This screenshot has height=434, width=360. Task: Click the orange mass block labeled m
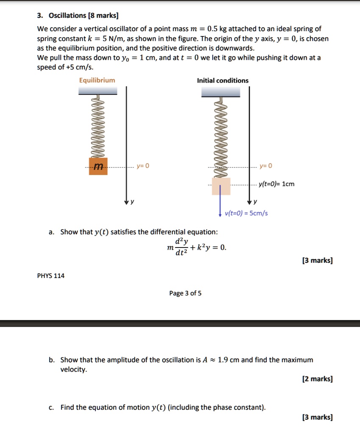pyautogui.click(x=98, y=166)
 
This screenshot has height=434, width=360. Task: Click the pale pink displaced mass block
pyautogui.click(x=221, y=186)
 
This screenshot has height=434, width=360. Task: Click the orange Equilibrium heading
pyautogui.click(x=97, y=80)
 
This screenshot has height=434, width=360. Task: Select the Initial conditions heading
pyautogui.click(x=223, y=81)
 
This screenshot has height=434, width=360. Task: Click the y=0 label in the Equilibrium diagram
pyautogui.click(x=142, y=166)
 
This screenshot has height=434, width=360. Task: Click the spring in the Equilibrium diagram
pyautogui.click(x=98, y=127)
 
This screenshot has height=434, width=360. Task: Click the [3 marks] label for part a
pyautogui.click(x=317, y=260)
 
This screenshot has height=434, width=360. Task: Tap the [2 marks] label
pyautogui.click(x=317, y=379)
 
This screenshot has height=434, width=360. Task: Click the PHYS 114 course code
pyautogui.click(x=51, y=276)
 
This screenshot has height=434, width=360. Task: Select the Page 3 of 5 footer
pyautogui.click(x=185, y=293)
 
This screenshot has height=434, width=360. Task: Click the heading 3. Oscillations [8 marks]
pyautogui.click(x=78, y=16)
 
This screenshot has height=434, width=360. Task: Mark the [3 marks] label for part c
pyautogui.click(x=317, y=417)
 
